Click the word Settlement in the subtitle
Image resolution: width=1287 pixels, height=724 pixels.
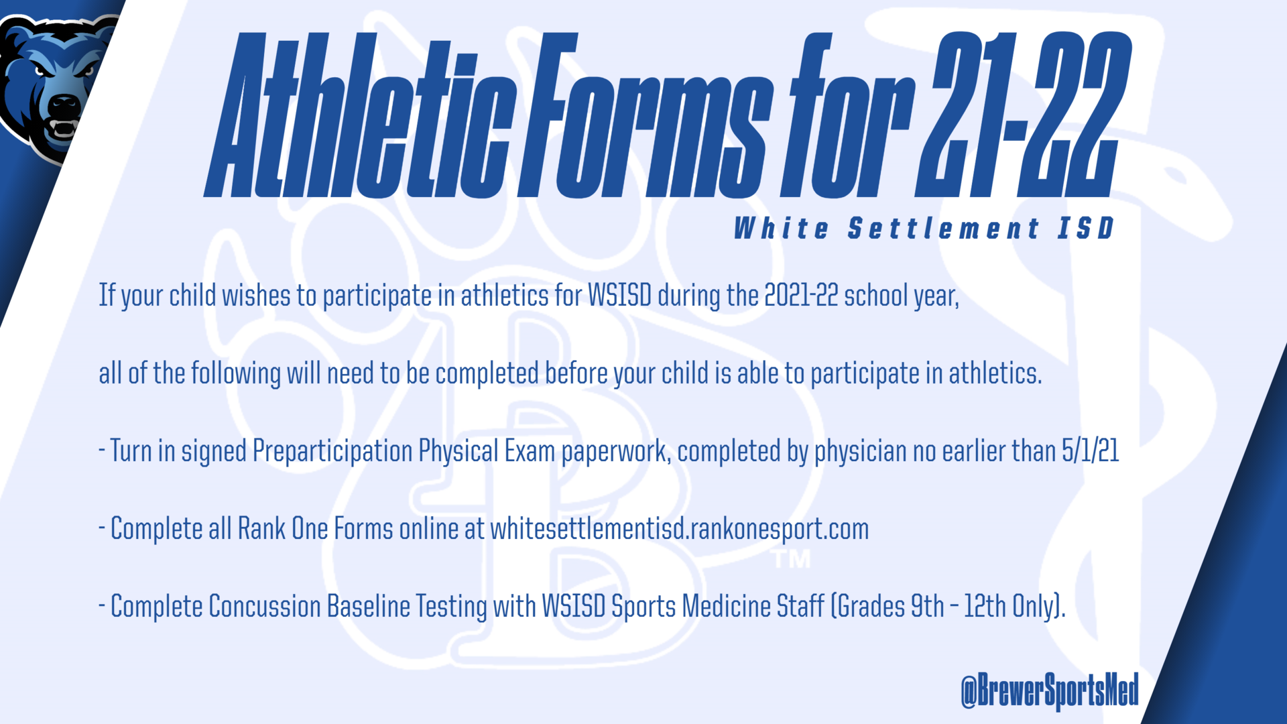[x=944, y=229]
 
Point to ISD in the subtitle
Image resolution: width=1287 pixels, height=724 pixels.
[x=1086, y=229]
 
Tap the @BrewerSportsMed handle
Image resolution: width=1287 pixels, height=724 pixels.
[x=1050, y=690]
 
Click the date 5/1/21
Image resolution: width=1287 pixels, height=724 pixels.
[x=1091, y=450]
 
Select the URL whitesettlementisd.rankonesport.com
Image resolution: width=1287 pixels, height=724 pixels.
[x=680, y=529]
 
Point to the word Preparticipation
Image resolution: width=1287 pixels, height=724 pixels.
[x=332, y=451]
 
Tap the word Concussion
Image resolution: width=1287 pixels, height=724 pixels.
[x=265, y=606]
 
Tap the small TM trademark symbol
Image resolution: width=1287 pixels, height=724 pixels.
[x=792, y=559]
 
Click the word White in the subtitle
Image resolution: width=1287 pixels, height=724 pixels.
[x=782, y=229]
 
